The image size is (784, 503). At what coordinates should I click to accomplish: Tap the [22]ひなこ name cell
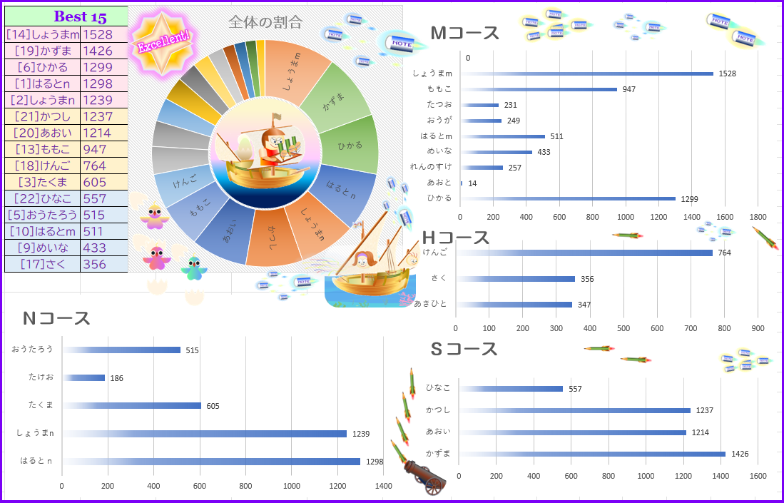click(x=42, y=198)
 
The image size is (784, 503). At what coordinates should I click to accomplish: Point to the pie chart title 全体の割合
click(x=265, y=22)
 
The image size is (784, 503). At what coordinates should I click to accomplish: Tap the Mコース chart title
click(x=465, y=34)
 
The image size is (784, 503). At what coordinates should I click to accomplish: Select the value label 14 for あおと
click(x=472, y=183)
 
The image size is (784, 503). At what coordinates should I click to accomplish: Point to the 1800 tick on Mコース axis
click(x=758, y=217)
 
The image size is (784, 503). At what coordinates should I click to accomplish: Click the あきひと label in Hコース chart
click(x=430, y=304)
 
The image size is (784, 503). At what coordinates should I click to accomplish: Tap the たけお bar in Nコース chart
click(x=84, y=377)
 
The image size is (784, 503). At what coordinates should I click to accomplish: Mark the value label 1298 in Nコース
click(x=375, y=462)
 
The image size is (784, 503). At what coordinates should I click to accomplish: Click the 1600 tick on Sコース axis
click(x=758, y=477)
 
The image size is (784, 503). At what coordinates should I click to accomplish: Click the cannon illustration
click(x=425, y=474)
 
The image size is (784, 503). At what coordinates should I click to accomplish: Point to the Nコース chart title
click(x=56, y=319)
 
